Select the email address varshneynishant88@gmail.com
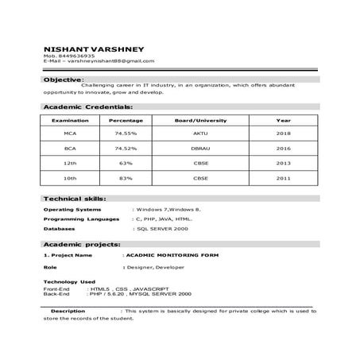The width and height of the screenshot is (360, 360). (110, 61)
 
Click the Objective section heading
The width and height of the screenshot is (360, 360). (63, 80)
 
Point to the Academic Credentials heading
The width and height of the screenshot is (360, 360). (87, 106)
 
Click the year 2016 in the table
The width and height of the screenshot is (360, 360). (283, 149)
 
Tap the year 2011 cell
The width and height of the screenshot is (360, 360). (283, 178)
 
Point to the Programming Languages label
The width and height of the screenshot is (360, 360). (82, 219)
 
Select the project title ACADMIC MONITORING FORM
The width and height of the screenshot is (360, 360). (172, 255)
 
